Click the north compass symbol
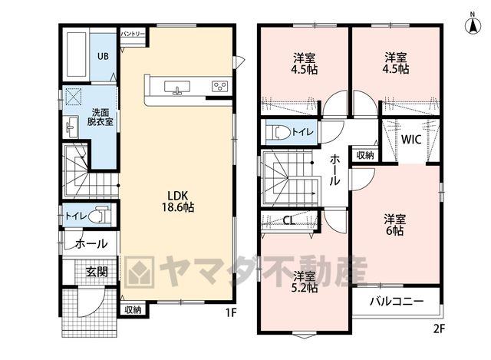(x=473, y=24)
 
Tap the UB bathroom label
(x=103, y=56)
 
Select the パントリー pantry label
(x=133, y=34)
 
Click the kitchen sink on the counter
(x=177, y=87)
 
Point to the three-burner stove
(x=219, y=86)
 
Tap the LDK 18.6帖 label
(x=178, y=201)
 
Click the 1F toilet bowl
(x=99, y=215)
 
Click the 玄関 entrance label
(x=97, y=272)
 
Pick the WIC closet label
(x=411, y=140)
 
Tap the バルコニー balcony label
(x=397, y=302)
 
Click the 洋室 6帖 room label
(x=395, y=225)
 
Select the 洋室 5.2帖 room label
(x=305, y=282)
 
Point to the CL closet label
(x=289, y=220)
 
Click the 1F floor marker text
(x=230, y=312)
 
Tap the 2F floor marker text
(x=439, y=329)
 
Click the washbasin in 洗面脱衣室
(x=71, y=127)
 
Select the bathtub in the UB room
(x=77, y=55)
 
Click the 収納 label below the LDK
(x=133, y=310)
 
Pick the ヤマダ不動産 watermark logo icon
(x=140, y=272)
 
